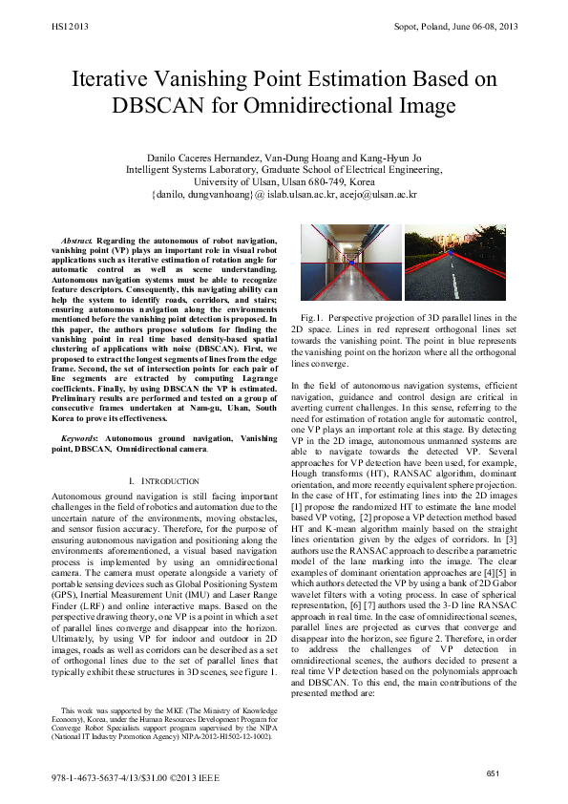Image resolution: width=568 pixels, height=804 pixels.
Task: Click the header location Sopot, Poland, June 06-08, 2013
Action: pyautogui.click(x=455, y=27)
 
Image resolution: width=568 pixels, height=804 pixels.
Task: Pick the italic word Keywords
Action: pyautogui.click(x=79, y=436)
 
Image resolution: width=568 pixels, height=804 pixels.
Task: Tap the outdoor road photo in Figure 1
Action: pyautogui.click(x=461, y=264)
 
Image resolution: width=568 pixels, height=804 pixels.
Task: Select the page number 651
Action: pyautogui.click(x=494, y=772)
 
